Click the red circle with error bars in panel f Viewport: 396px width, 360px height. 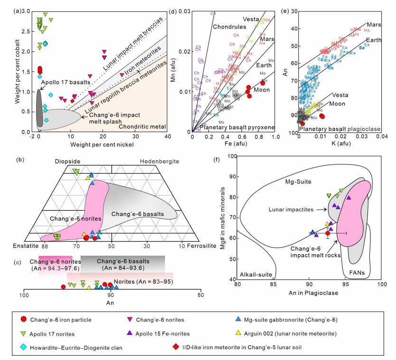328,233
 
